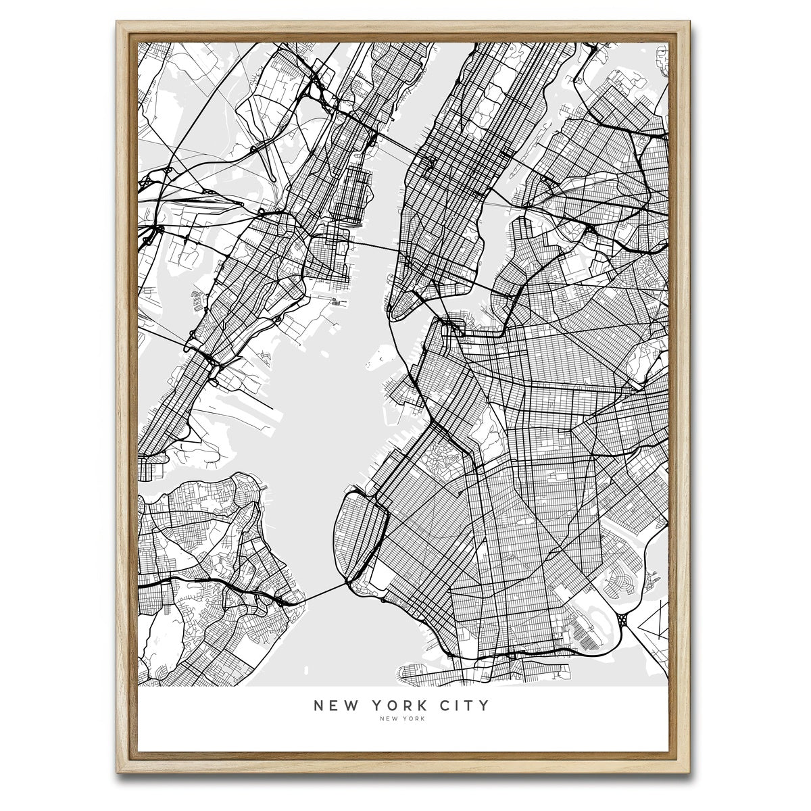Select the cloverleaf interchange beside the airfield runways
point(622,618)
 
